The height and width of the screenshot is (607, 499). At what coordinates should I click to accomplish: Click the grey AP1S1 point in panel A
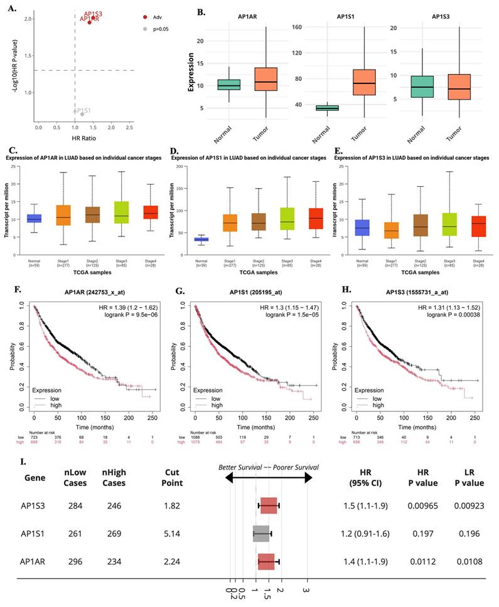pos(82,114)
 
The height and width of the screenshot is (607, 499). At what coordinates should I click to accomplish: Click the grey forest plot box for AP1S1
pos(261,534)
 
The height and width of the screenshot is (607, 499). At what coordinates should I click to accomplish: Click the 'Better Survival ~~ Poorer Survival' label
pos(268,467)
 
